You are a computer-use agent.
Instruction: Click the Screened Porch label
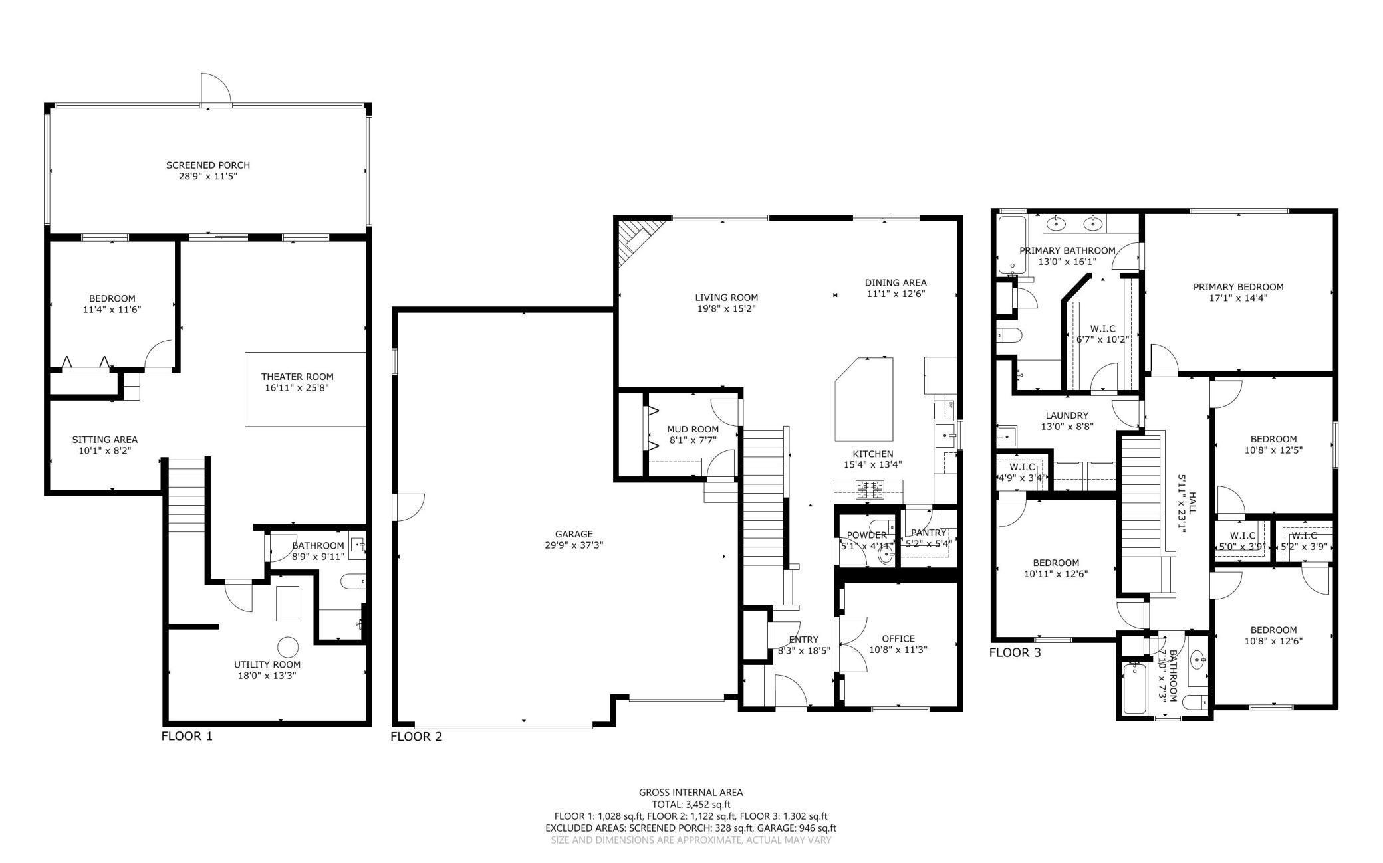[207, 165]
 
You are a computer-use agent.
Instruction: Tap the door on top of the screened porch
[215, 92]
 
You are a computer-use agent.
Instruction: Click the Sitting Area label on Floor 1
[104, 439]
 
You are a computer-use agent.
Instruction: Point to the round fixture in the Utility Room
[288, 646]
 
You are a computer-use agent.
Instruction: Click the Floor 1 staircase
[187, 495]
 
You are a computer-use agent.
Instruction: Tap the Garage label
[573, 533]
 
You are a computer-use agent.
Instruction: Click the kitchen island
[864, 399]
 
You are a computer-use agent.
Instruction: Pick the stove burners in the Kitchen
[869, 490]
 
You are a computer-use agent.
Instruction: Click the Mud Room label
[693, 429]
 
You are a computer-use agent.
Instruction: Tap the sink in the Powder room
[886, 554]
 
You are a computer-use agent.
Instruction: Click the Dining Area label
[895, 282]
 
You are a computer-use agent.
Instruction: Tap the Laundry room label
[1067, 415]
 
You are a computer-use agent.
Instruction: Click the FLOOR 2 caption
[416, 736]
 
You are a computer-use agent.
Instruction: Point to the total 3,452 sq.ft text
[690, 804]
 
